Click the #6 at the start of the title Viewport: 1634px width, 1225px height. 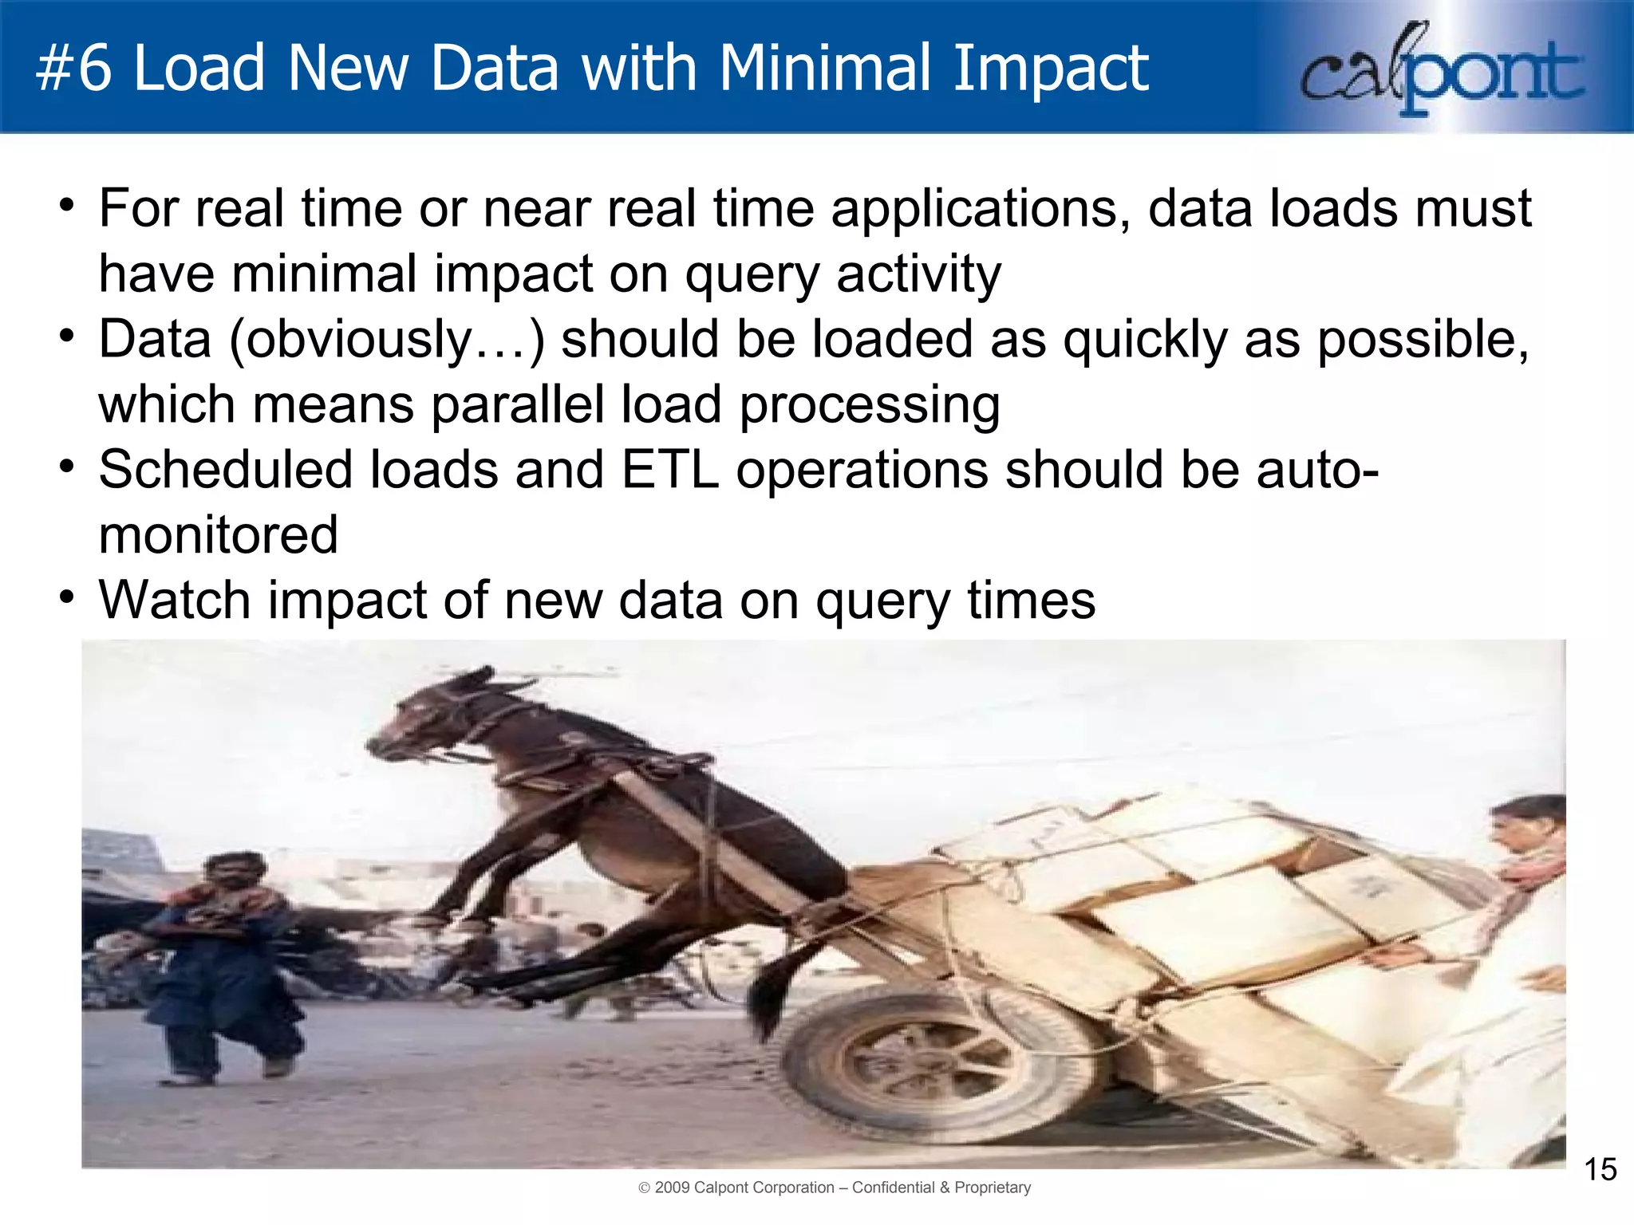(x=73, y=69)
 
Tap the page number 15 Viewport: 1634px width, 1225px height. (x=1600, y=1170)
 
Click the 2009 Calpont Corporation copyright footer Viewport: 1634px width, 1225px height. (x=835, y=1188)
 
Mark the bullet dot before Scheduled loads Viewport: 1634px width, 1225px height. (x=67, y=466)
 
